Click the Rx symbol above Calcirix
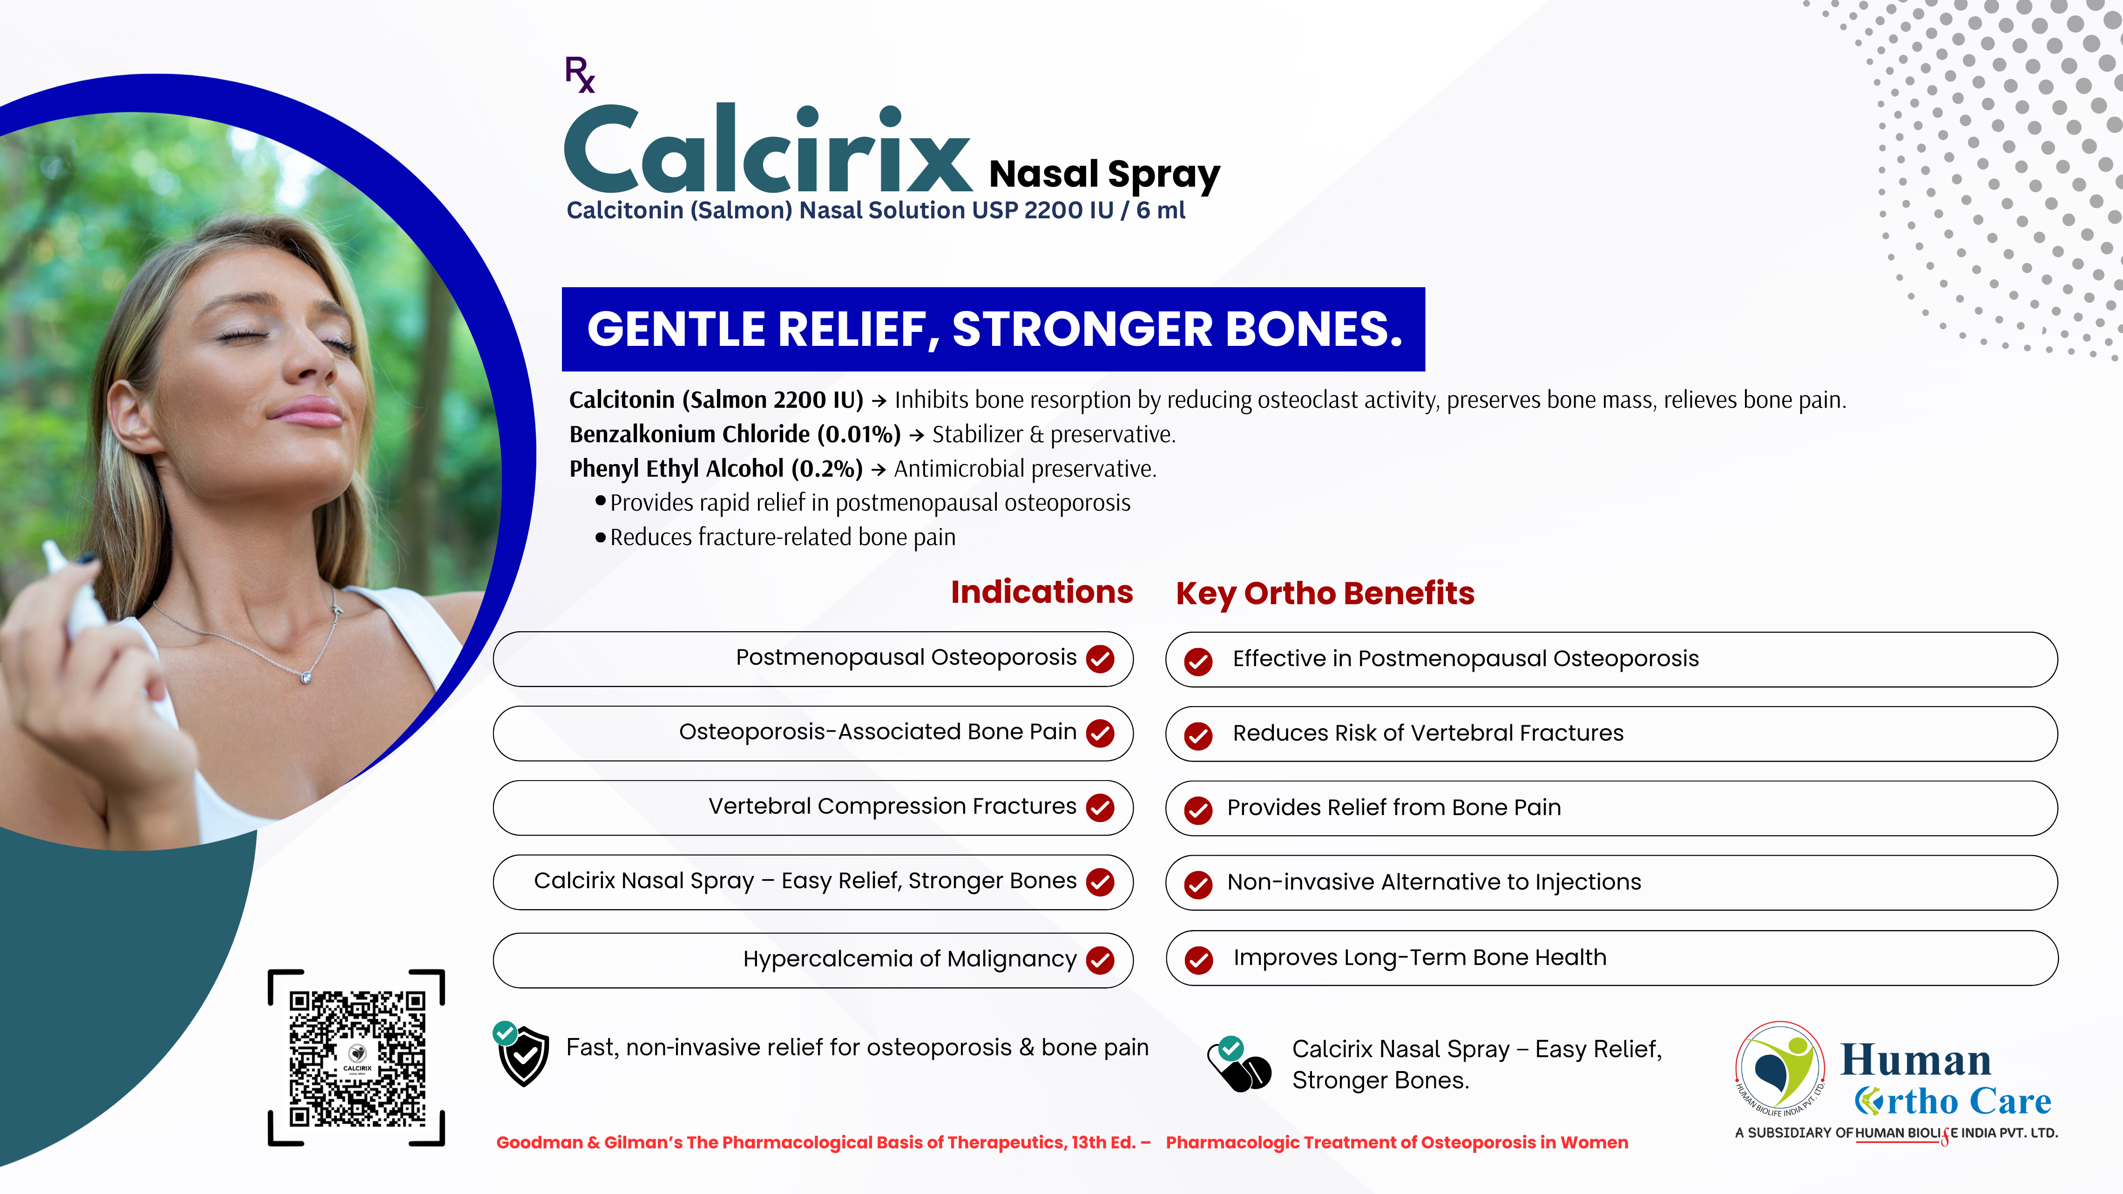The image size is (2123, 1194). click(x=579, y=74)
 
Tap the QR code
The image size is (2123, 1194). click(x=357, y=1058)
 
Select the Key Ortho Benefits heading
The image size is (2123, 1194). click(x=1325, y=594)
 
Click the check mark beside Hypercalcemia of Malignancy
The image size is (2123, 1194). click(x=1100, y=960)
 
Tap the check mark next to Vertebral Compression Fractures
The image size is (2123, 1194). click(x=1100, y=808)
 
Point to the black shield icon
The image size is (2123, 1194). click(x=523, y=1056)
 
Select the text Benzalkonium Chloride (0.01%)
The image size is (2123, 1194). click(x=734, y=434)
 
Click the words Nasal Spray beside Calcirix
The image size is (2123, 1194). click(x=1104, y=175)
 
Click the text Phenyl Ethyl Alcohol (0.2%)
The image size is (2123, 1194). click(x=716, y=469)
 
